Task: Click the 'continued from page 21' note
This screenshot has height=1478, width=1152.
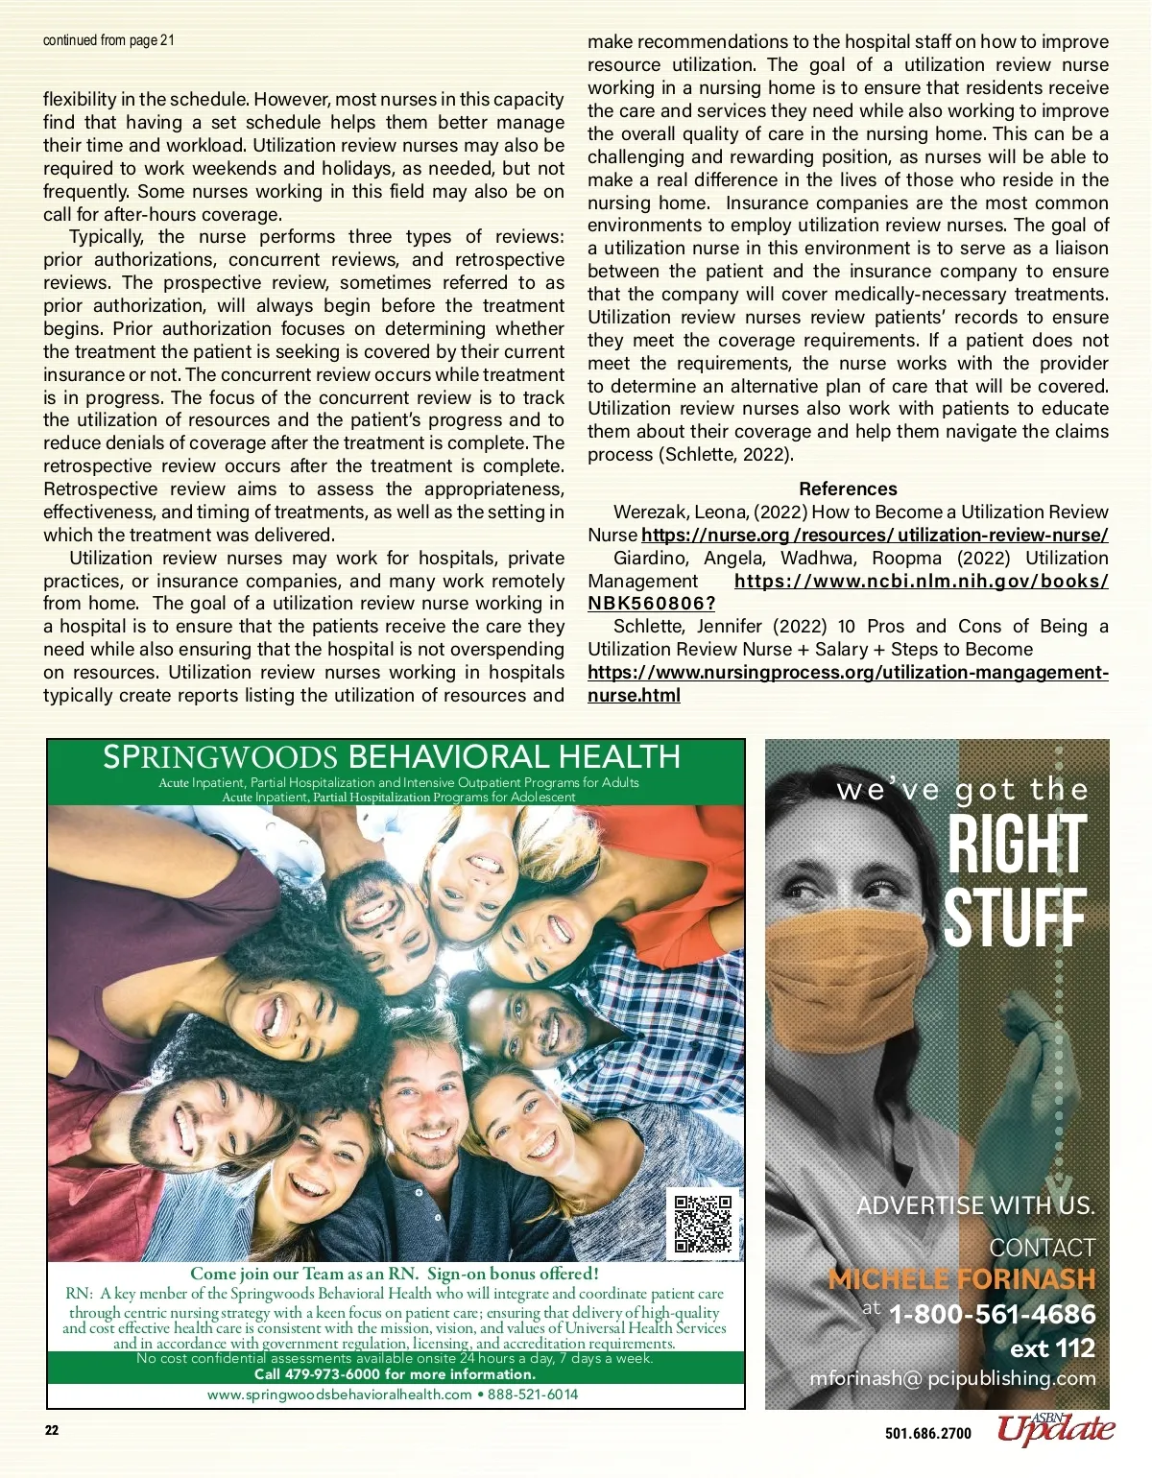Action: (108, 40)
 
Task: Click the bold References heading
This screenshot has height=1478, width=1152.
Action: (848, 489)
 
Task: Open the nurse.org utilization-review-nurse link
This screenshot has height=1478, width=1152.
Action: (875, 536)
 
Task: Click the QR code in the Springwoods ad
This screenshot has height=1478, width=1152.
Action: (703, 1224)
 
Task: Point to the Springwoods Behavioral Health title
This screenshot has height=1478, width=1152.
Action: (392, 757)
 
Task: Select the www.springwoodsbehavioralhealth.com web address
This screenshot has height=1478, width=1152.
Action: (339, 1395)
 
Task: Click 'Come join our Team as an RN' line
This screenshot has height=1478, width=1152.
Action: (394, 1274)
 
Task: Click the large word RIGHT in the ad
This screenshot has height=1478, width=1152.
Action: (1016, 845)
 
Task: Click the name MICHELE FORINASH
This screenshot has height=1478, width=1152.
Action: (961, 1279)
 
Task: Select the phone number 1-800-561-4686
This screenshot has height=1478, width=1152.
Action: (992, 1314)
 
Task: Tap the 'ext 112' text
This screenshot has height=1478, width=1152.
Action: (1052, 1348)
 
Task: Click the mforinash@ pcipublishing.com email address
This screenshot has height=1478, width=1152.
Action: (952, 1378)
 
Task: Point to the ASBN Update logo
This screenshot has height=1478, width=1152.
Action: (1055, 1429)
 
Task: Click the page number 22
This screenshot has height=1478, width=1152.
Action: (52, 1431)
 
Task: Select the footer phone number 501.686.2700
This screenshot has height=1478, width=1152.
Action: (927, 1434)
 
